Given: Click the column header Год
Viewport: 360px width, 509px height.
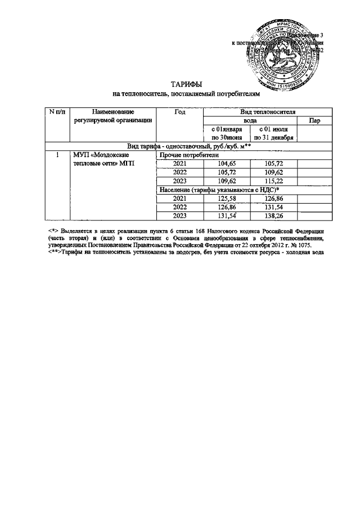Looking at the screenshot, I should (x=179, y=112).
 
